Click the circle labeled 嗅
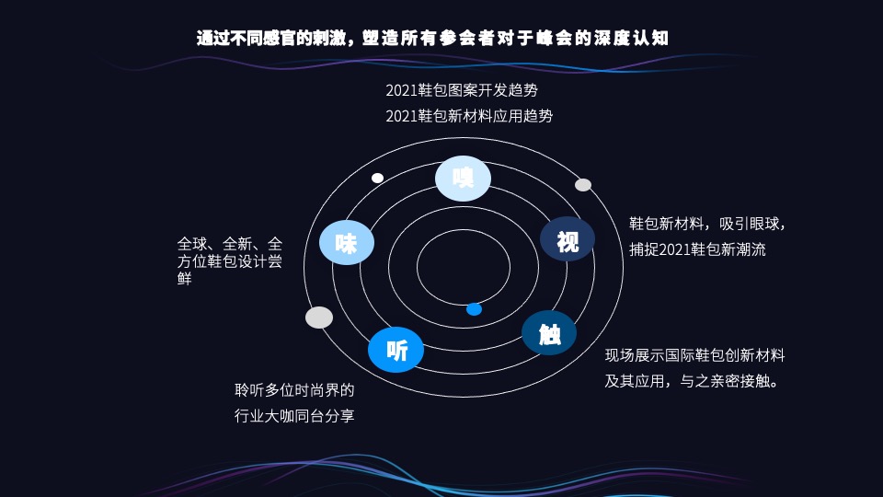463,178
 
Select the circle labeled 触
549,333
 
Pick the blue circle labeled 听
396,350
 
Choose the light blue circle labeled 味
347,243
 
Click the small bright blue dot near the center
474,309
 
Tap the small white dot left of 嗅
377,178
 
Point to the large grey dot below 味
319,318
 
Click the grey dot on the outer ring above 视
583,185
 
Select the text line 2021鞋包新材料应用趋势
469,116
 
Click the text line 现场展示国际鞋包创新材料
694,355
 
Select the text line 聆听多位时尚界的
294,390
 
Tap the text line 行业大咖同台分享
294,416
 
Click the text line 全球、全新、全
230,244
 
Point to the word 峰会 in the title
557,39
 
